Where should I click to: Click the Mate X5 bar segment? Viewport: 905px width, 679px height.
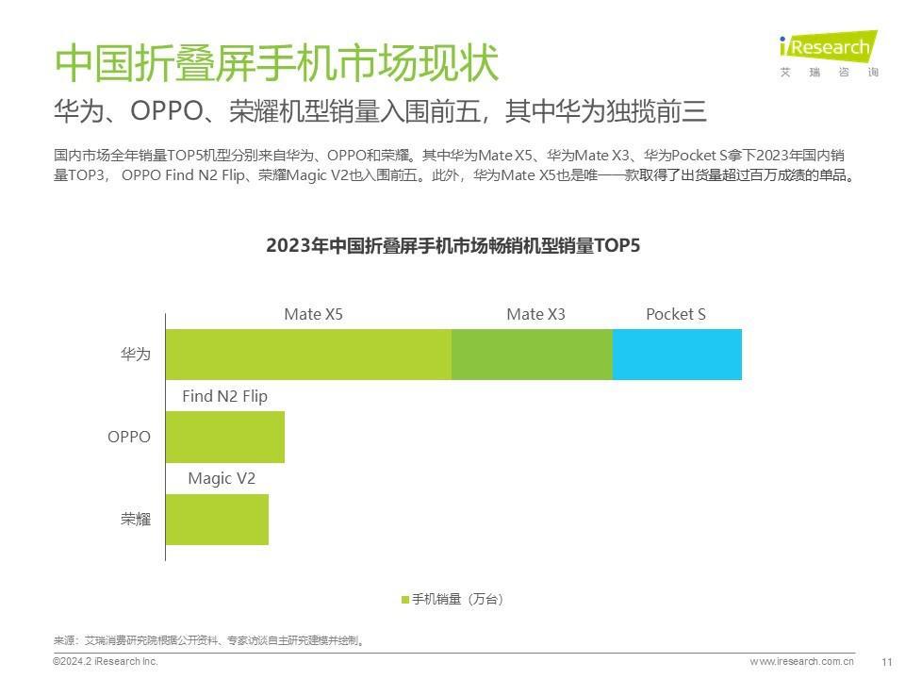[x=308, y=355]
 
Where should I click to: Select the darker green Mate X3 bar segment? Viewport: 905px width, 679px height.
[x=532, y=355]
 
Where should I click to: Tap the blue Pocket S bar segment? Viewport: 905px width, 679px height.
[x=677, y=355]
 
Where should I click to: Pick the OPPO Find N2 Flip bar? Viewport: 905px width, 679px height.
[x=225, y=437]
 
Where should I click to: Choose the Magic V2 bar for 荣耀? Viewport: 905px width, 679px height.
[x=217, y=520]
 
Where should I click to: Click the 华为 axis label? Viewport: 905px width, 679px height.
[x=135, y=355]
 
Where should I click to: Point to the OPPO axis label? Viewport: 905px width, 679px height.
[x=128, y=438]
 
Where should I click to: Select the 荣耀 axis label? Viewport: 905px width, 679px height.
[x=135, y=520]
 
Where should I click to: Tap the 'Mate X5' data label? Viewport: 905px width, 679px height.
[x=313, y=314]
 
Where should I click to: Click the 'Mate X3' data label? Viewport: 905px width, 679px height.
[x=535, y=314]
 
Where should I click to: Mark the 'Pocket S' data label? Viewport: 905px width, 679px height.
[x=675, y=314]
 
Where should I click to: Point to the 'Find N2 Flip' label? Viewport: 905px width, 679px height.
[x=224, y=396]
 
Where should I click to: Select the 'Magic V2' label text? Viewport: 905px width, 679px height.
[x=222, y=478]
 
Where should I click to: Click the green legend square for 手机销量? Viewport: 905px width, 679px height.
[x=405, y=600]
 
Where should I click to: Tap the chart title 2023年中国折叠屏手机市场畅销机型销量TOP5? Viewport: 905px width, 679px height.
[x=452, y=246]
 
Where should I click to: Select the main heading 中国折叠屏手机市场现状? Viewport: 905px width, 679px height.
[x=275, y=64]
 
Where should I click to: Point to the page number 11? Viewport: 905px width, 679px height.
[x=886, y=662]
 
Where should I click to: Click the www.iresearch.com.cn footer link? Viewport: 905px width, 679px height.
[x=801, y=662]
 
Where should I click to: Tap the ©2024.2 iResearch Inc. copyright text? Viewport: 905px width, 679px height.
[x=105, y=662]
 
